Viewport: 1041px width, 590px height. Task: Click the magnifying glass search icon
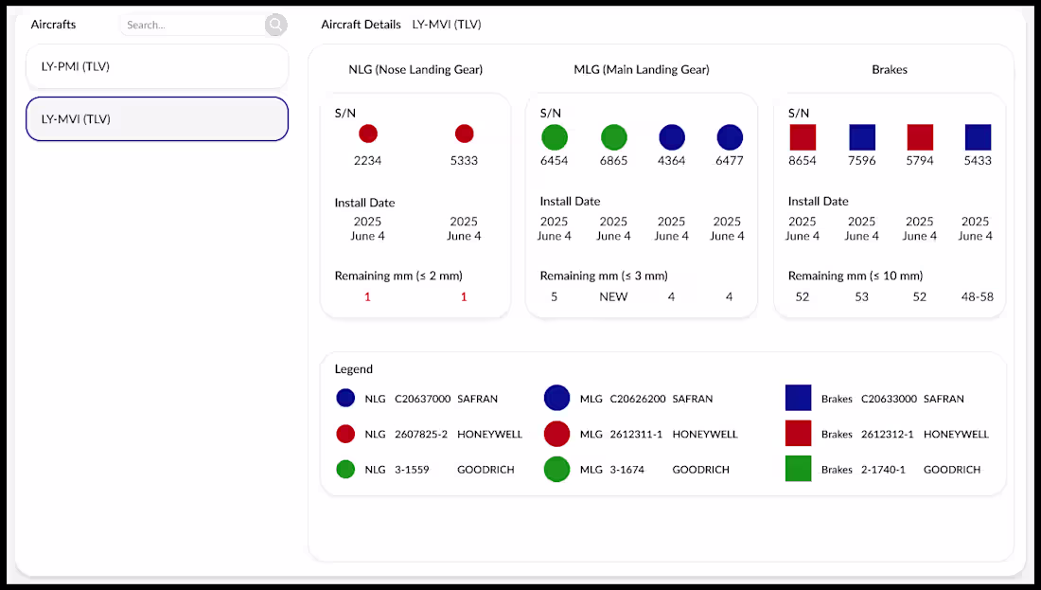point(275,25)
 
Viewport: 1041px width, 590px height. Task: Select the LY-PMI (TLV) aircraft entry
point(157,66)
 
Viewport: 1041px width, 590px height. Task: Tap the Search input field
point(192,25)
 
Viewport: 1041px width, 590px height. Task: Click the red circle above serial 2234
point(368,134)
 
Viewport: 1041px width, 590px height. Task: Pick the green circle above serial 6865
point(613,137)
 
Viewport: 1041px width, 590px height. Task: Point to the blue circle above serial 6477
point(729,137)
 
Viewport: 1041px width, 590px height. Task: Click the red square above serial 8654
point(803,137)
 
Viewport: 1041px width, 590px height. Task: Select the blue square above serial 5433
point(978,137)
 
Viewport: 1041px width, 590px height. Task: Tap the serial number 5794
point(920,161)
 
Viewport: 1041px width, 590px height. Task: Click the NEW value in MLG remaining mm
point(613,297)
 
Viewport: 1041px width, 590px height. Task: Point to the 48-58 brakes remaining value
point(978,297)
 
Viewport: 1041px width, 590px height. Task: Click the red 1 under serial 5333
point(464,297)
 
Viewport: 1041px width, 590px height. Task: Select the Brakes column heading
point(890,70)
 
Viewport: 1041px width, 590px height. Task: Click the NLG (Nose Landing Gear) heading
point(415,70)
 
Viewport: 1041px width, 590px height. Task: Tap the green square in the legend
point(798,469)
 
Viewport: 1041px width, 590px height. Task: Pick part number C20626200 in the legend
point(637,399)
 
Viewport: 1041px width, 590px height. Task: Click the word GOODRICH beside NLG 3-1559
point(485,469)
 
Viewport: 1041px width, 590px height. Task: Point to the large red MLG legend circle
point(557,434)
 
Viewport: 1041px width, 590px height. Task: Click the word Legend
point(353,369)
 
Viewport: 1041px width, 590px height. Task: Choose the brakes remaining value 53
point(861,297)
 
